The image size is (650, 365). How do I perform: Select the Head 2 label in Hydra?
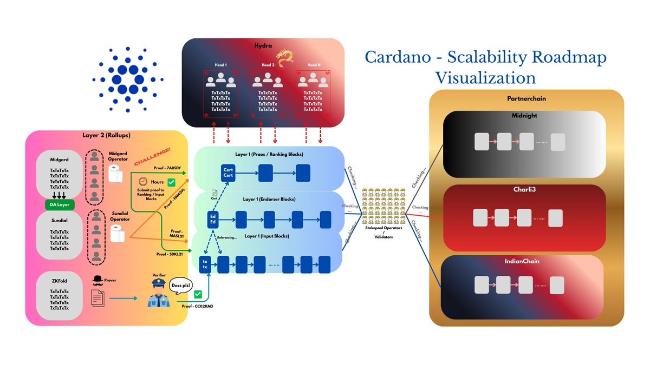pyautogui.click(x=267, y=65)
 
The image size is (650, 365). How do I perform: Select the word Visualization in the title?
pyautogui.click(x=485, y=77)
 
